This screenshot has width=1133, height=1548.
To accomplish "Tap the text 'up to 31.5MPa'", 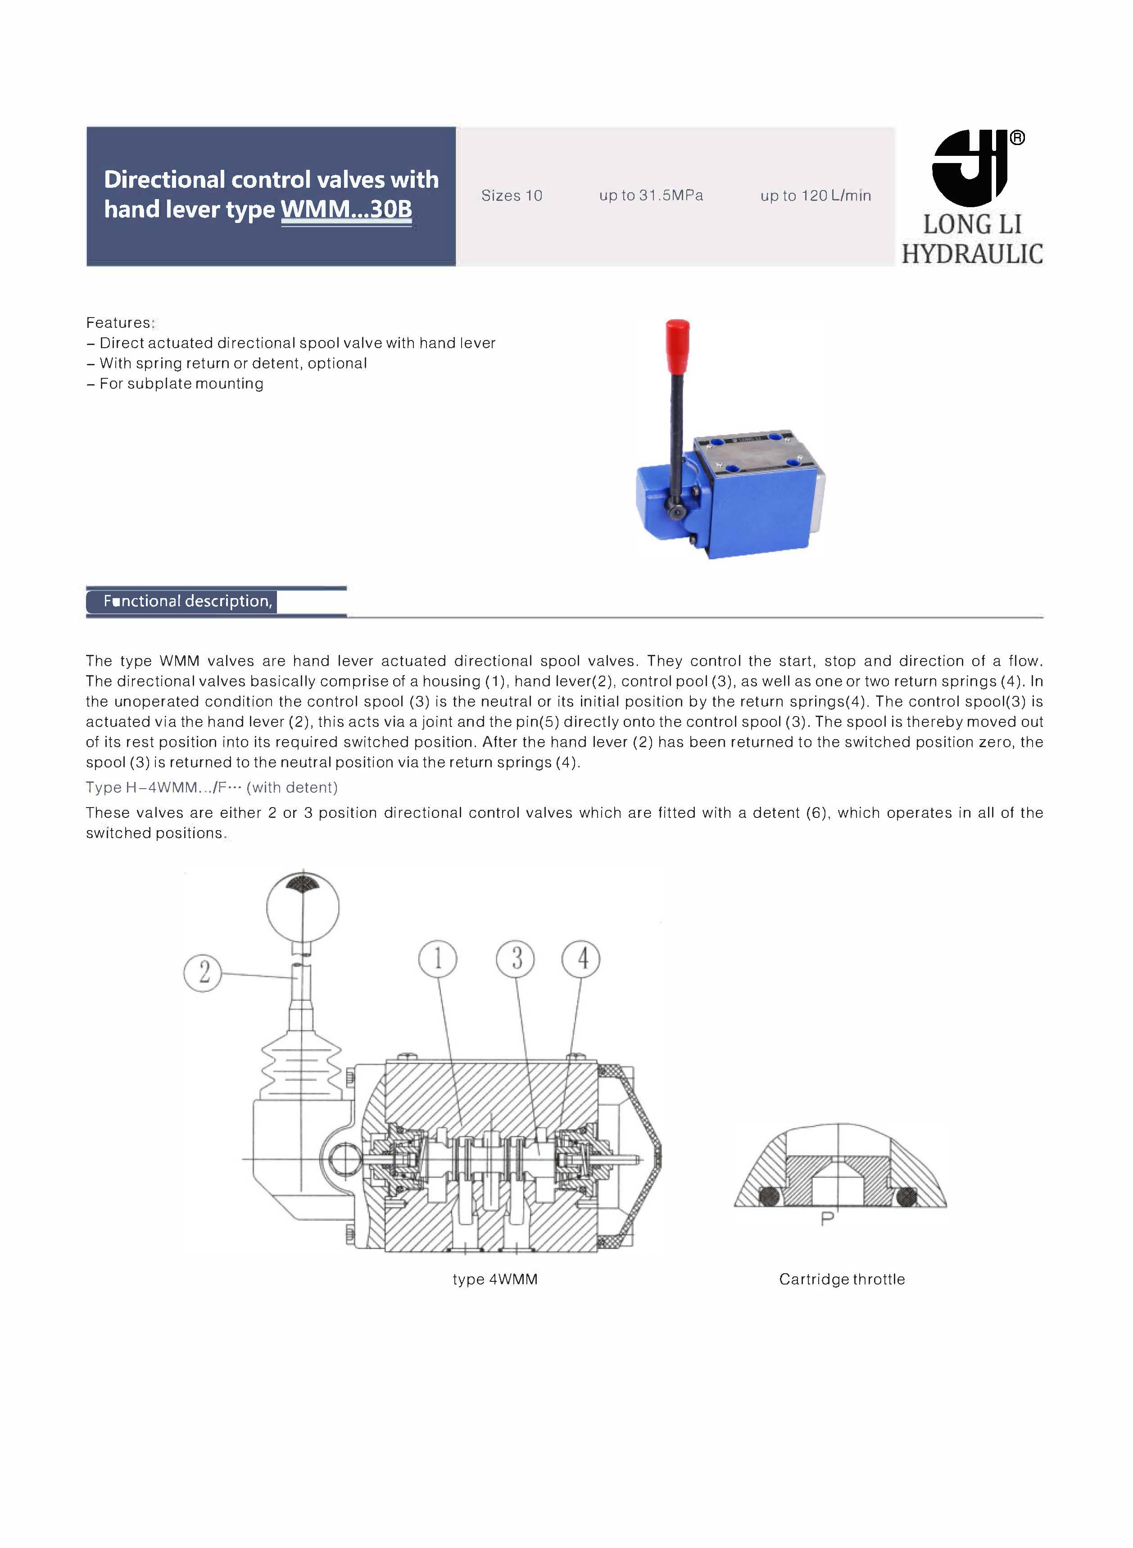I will click(651, 196).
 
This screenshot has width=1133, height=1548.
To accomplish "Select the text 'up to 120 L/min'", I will click(816, 196).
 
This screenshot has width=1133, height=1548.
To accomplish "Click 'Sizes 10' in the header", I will click(512, 196).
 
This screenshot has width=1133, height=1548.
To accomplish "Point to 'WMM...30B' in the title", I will click(346, 209).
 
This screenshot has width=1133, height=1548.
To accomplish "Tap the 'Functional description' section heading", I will click(187, 602).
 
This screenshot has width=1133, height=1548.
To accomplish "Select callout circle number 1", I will click(438, 959).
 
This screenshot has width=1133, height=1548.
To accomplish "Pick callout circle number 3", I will click(515, 959).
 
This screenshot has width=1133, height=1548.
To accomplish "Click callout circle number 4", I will click(581, 959).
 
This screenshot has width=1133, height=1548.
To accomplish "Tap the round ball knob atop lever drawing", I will click(303, 908).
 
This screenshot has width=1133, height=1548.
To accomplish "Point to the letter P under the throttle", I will click(827, 1219).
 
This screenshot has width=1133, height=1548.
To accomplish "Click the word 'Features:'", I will click(120, 323).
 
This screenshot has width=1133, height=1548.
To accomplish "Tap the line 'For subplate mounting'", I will click(181, 384).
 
